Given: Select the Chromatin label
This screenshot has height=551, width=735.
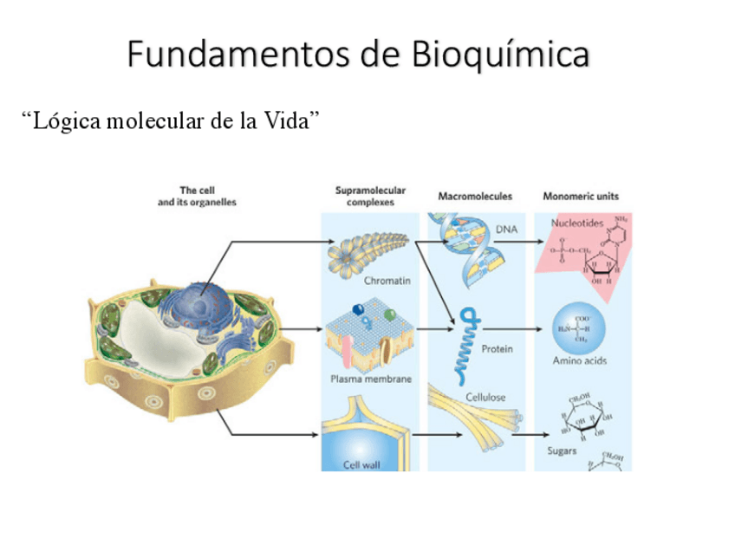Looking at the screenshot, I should tap(387, 281).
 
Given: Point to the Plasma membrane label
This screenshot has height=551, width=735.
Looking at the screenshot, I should tap(371, 379).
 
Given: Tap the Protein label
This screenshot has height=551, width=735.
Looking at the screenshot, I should tap(497, 348).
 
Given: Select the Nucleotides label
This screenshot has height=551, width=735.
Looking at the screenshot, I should tap(577, 223).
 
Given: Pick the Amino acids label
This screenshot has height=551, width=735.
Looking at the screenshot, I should tap(580, 360).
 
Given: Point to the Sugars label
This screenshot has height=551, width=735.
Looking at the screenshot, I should tap(562, 451).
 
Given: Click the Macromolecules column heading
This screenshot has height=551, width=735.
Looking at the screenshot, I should tap(475, 197).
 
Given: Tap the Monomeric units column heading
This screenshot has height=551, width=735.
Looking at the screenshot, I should tap(581, 197).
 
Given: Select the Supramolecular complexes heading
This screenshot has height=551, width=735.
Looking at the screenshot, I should tap(370, 196).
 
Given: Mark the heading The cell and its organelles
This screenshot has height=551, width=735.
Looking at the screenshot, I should tap(197, 196).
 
